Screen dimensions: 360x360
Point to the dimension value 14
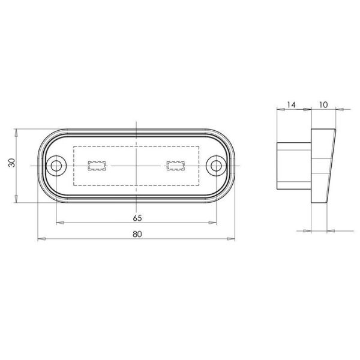pos(292,104)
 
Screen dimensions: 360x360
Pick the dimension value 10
pos(322,104)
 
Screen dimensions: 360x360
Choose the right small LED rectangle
pos(175,165)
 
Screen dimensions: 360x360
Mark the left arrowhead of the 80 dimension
pos(41,239)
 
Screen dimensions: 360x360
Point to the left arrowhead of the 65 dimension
pos(59,223)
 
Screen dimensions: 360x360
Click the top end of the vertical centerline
pos(137,122)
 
